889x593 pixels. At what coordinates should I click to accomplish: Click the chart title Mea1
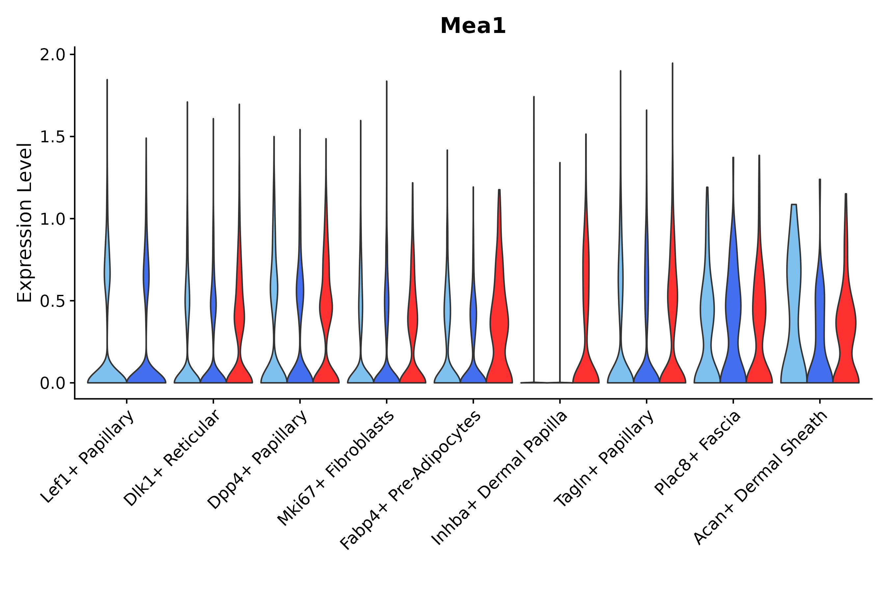(473, 26)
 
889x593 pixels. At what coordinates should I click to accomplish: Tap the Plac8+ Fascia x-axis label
(698, 453)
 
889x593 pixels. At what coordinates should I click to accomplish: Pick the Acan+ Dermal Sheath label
(761, 478)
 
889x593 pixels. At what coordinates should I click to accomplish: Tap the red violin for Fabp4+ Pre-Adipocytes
(499, 322)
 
